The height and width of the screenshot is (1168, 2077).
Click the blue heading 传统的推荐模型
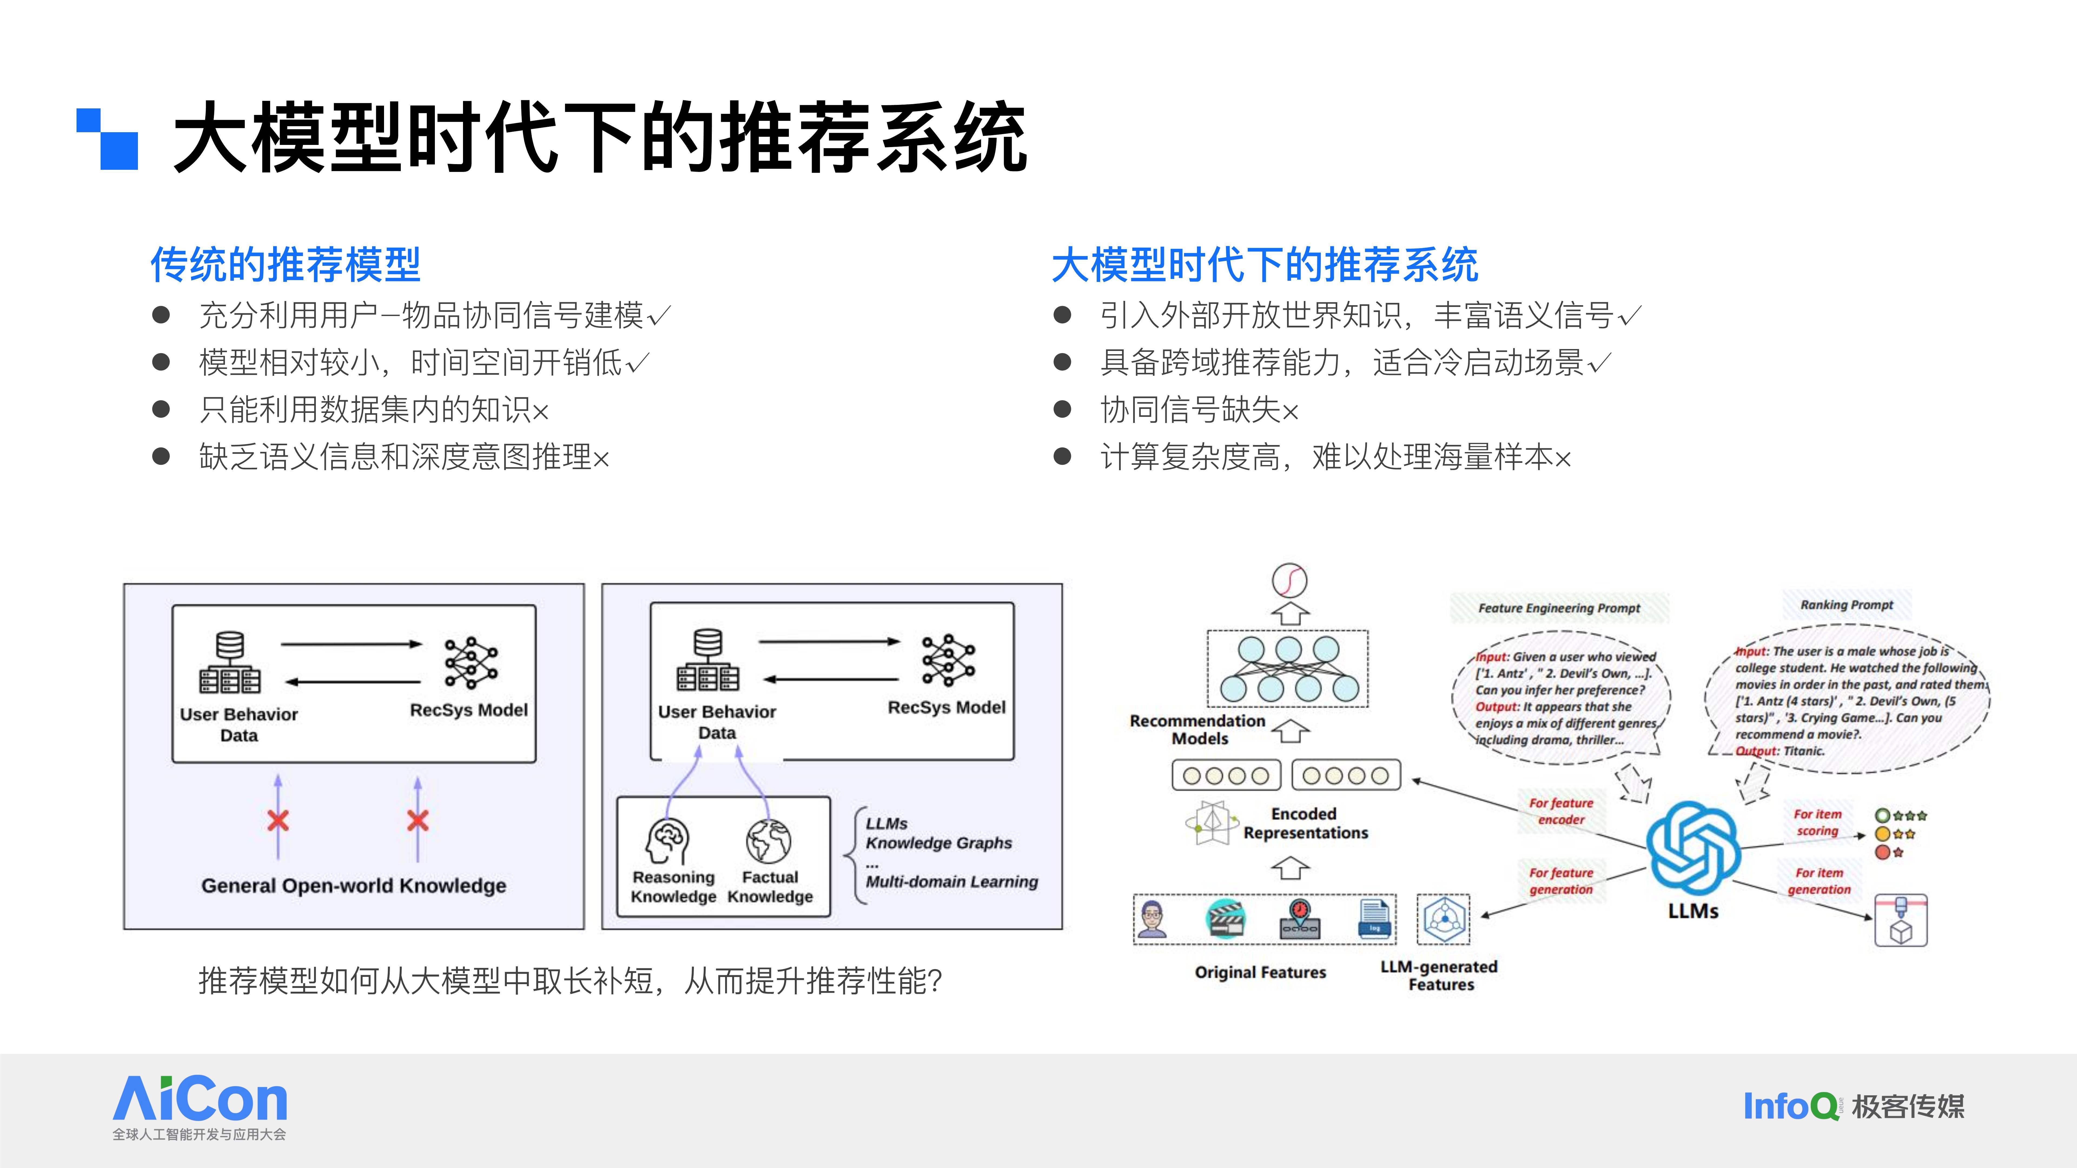click(x=285, y=264)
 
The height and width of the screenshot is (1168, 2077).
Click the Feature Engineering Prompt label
click(x=1559, y=608)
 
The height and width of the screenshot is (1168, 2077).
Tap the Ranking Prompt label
click(x=1846, y=605)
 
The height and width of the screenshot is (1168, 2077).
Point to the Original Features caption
click(x=1260, y=972)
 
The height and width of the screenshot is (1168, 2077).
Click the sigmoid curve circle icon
click(x=1289, y=580)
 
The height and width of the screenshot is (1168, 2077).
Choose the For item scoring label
click(x=1817, y=822)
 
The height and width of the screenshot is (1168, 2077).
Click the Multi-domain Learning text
click(x=951, y=882)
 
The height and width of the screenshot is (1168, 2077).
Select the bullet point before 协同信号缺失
click(x=1063, y=410)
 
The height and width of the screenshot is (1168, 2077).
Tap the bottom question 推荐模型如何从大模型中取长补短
click(x=570, y=981)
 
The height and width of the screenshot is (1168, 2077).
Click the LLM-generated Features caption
click(x=1439, y=975)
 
